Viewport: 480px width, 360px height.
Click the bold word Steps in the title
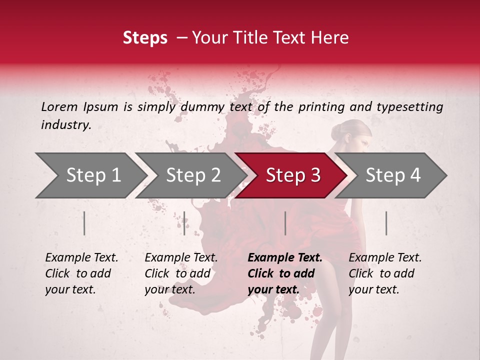pyautogui.click(x=145, y=38)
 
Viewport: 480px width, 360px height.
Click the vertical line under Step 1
pyautogui.click(x=84, y=223)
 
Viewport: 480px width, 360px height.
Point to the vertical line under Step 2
pyautogui.click(x=184, y=223)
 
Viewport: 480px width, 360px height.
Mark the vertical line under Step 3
pyautogui.click(x=285, y=223)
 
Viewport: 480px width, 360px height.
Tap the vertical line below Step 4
pyautogui.click(x=386, y=223)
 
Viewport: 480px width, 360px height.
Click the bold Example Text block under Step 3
pyautogui.click(x=285, y=273)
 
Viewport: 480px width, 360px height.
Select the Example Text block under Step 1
pyautogui.click(x=81, y=273)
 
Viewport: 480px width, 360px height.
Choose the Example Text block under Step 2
pyautogui.click(x=181, y=273)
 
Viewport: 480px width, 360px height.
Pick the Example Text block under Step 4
pyautogui.click(x=385, y=273)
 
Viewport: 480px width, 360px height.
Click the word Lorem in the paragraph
pyautogui.click(x=59, y=106)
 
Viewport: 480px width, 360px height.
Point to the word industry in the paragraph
pyautogui.click(x=65, y=125)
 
